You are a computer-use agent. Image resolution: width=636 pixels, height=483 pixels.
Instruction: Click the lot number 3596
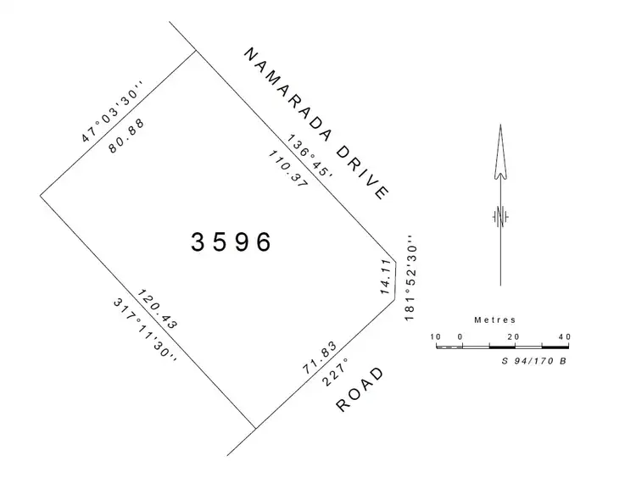click(232, 242)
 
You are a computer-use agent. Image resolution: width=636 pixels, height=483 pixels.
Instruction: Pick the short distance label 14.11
click(387, 278)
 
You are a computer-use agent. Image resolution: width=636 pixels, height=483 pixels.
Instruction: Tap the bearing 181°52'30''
click(413, 278)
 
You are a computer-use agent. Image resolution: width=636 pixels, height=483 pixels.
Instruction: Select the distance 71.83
click(321, 356)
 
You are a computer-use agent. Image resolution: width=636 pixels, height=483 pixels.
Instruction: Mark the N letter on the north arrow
click(500, 216)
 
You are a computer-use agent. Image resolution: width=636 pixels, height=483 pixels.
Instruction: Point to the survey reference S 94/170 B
click(535, 361)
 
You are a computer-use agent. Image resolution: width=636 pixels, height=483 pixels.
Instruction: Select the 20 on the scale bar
click(513, 336)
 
